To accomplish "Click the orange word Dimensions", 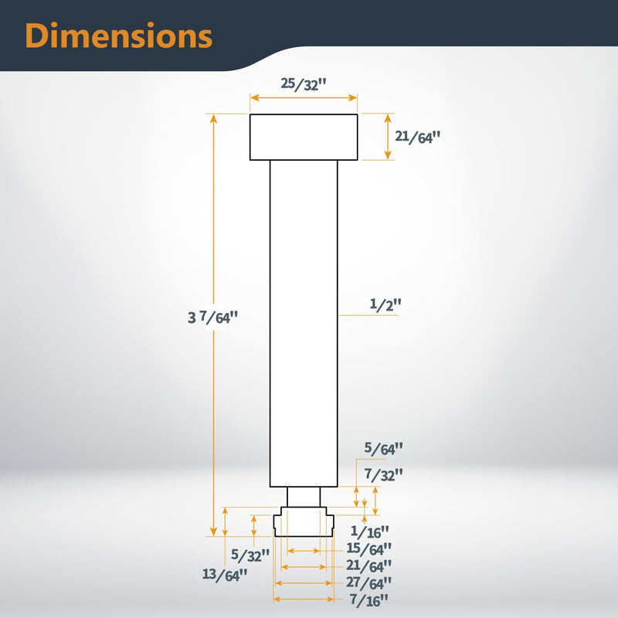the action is (119, 36).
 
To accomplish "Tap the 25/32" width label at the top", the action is (304, 84).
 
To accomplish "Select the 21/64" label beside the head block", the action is (417, 138).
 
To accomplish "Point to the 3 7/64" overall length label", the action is (213, 317).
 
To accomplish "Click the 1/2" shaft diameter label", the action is (385, 304).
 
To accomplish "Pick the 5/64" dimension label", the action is (383, 449).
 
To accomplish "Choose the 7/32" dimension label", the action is (383, 474).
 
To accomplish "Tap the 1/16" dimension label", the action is (370, 531).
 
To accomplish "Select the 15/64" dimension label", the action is (369, 548).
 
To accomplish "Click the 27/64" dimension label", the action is (369, 582).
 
